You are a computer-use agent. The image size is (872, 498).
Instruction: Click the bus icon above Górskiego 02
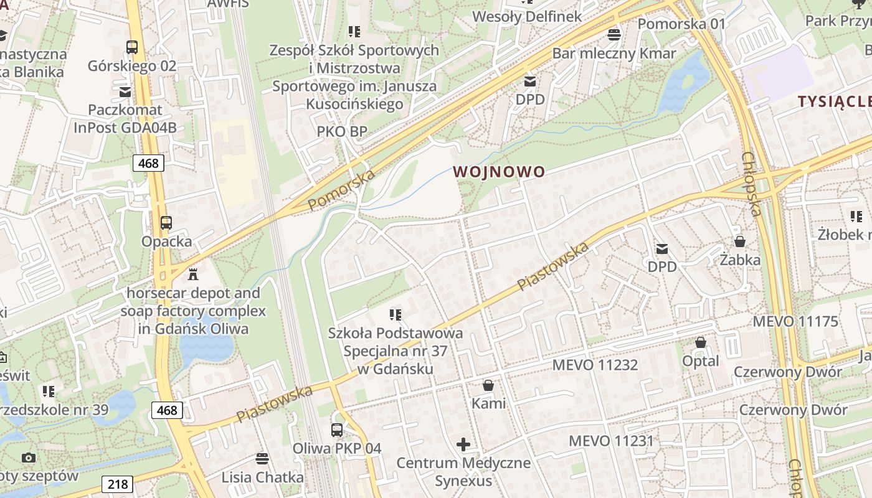[x=132, y=47]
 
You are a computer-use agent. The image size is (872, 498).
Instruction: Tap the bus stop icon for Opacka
[x=166, y=222]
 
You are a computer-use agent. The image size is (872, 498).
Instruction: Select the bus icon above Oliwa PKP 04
[x=336, y=430]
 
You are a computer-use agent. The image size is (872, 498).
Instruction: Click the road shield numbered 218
[x=117, y=484]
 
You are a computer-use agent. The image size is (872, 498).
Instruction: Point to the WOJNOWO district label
[x=498, y=171]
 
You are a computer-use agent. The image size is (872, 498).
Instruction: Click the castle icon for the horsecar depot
[x=193, y=273]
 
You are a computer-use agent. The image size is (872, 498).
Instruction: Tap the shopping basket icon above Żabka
[x=740, y=241]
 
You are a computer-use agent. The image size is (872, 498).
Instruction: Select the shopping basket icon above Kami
[x=488, y=385]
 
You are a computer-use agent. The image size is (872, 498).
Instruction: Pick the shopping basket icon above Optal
[x=701, y=342]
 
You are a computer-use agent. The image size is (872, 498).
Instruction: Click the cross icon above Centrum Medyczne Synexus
[x=463, y=444]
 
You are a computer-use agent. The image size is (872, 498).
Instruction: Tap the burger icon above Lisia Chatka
[x=262, y=459]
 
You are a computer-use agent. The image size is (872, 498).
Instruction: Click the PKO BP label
[x=342, y=131]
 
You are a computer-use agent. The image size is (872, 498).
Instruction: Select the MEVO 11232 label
[x=595, y=365]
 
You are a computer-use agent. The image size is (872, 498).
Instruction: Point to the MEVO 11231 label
[x=611, y=441]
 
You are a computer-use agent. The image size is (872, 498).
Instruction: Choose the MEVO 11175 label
[x=795, y=321]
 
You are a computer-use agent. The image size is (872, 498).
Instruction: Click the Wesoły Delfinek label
[x=527, y=17]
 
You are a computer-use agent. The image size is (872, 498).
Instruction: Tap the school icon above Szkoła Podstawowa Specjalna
[x=396, y=314]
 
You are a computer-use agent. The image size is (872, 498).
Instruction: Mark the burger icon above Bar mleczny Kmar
[x=614, y=34]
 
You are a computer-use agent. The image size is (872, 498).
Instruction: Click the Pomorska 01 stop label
[x=682, y=24]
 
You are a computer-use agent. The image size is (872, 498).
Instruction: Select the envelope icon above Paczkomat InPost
[x=125, y=92]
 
